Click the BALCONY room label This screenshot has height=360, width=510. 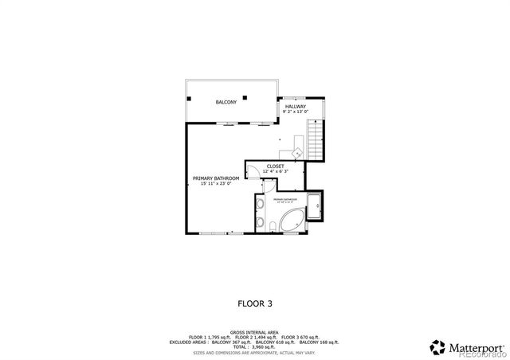226,103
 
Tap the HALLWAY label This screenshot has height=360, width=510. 296,106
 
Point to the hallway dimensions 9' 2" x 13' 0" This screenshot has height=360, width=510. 296,112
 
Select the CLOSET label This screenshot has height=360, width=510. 276,166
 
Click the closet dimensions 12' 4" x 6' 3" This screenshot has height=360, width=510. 276,171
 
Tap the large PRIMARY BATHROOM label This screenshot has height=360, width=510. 211,178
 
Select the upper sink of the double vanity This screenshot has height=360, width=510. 261,205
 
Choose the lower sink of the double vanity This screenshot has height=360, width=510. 261,221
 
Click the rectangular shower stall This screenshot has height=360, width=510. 315,207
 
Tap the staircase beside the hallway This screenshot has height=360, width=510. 318,139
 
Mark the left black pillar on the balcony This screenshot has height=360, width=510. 190,98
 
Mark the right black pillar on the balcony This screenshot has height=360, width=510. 247,98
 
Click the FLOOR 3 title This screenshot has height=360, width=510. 255,303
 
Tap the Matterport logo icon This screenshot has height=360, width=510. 437,347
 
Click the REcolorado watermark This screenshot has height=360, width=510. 478,356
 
